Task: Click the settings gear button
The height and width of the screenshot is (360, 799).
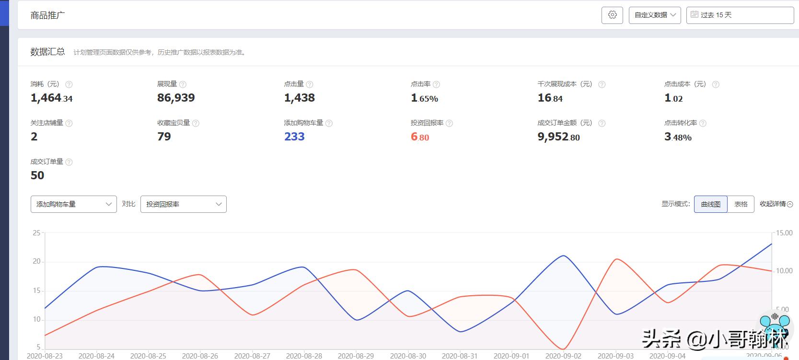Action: point(612,15)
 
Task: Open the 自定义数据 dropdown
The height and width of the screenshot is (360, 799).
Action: point(655,15)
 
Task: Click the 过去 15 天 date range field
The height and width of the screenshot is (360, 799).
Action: point(740,15)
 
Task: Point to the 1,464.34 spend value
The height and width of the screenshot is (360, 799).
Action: point(51,98)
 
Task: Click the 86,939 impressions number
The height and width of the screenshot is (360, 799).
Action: point(176,98)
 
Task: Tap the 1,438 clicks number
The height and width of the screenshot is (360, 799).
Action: point(299,98)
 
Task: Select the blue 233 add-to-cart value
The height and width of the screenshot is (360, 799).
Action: point(294,137)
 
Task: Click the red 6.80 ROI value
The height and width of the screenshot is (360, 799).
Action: point(420,137)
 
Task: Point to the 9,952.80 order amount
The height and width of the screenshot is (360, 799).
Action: point(558,137)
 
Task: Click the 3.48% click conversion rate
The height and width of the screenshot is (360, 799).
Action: point(678,137)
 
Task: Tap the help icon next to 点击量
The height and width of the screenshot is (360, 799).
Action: point(310,84)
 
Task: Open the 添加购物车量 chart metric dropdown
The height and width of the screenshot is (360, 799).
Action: point(73,204)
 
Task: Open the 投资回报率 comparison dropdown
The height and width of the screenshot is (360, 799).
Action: point(183,204)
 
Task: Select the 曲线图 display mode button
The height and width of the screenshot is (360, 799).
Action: point(710,204)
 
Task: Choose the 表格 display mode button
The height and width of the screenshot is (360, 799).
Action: point(741,204)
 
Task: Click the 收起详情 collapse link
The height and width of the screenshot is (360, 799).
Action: point(776,204)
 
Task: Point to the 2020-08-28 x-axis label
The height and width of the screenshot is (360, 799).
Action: point(304,356)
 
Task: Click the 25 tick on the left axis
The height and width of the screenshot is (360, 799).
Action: point(36,233)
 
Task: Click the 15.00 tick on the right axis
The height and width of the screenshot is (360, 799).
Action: point(784,233)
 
